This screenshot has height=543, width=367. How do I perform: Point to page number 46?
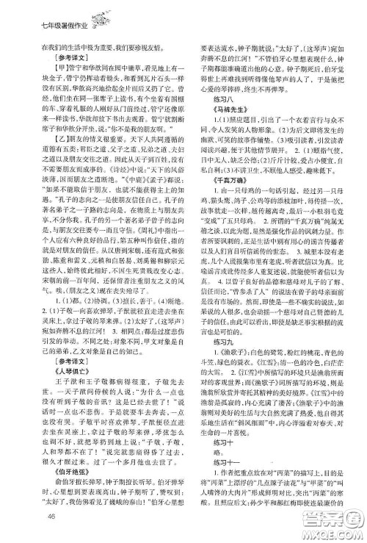pos(31,519)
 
